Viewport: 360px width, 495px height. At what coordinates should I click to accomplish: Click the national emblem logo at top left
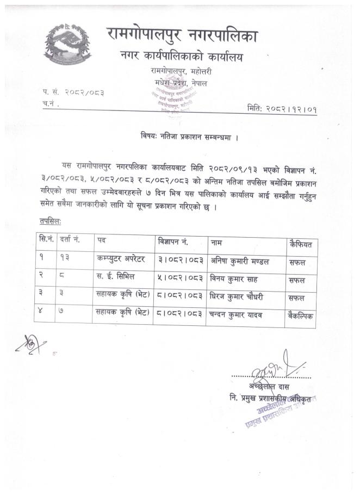pos(66,45)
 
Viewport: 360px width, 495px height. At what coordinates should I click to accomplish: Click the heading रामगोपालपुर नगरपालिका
pos(182,36)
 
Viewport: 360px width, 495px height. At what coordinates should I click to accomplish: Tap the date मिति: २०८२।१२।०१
pos(282,109)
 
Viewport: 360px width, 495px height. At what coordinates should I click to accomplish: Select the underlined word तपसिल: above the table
pos(50,221)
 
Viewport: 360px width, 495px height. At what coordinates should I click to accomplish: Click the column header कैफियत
pos(301,244)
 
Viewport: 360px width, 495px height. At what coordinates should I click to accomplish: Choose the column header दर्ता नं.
pos(69,239)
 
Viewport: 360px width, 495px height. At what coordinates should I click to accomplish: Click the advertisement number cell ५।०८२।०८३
pos(180,279)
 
